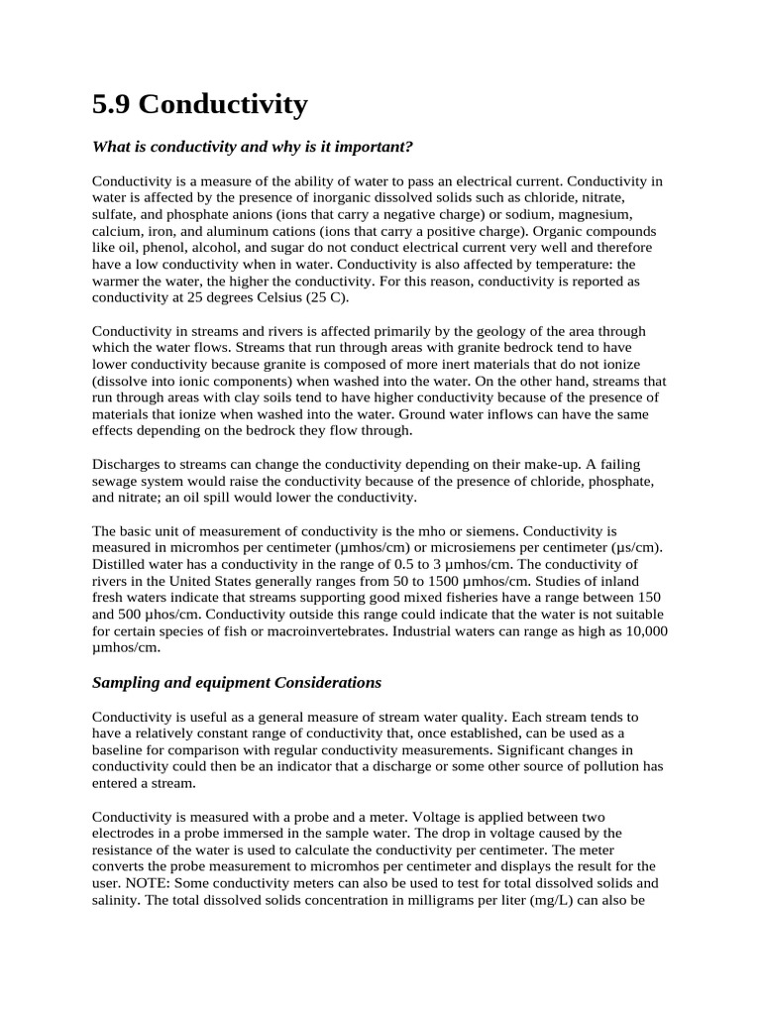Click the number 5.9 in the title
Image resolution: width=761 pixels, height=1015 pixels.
pos(113,104)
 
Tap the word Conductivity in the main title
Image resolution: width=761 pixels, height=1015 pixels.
pos(227,104)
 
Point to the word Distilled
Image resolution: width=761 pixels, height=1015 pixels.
pos(120,565)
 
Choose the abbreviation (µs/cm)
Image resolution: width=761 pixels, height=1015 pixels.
pos(632,548)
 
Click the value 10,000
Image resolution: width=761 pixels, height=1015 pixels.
pos(643,632)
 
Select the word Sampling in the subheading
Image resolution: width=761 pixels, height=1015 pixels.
pos(125,683)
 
